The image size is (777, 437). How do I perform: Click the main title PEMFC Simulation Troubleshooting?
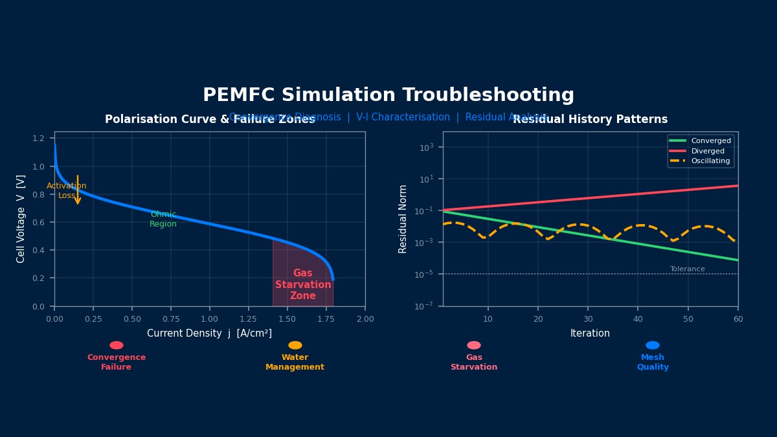(x=388, y=95)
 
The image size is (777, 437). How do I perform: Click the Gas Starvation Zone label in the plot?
(x=303, y=285)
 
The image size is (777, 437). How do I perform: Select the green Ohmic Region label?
(x=163, y=219)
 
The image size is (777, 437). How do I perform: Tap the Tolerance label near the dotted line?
(x=687, y=269)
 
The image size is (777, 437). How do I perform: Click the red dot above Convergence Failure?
(x=117, y=345)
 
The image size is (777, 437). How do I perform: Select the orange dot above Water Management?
(x=295, y=345)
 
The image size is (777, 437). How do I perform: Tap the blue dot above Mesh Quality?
(x=653, y=345)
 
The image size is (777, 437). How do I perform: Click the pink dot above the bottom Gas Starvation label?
(x=474, y=345)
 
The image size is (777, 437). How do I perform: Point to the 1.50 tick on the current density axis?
(x=287, y=319)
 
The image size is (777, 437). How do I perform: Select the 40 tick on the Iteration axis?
(x=638, y=319)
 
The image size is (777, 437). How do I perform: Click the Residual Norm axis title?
(x=403, y=219)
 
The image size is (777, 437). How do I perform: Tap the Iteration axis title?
(x=590, y=333)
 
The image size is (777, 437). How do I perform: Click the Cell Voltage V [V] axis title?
(x=21, y=219)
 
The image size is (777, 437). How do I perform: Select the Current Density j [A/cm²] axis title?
(x=209, y=333)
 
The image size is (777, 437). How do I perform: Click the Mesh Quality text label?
(x=653, y=363)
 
